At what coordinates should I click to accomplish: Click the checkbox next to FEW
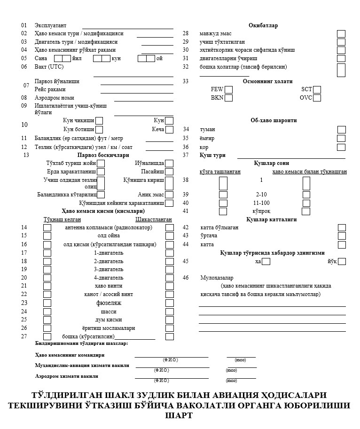(228, 89)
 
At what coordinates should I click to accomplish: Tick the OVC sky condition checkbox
(317, 98)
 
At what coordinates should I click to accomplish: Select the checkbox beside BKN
(228, 98)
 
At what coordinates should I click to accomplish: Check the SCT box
(317, 89)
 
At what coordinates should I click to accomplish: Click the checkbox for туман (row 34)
(342, 130)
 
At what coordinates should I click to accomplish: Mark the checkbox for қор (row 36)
(342, 147)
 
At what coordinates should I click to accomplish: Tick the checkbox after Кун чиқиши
(99, 121)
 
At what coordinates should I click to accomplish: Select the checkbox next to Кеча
(169, 129)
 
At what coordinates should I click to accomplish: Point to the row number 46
(186, 278)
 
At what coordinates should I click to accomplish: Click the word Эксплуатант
(51, 25)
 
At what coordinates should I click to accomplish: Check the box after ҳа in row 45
(266, 261)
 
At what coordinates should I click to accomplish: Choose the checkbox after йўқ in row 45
(342, 261)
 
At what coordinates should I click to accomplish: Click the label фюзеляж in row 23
(109, 303)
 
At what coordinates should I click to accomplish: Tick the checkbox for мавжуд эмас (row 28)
(341, 34)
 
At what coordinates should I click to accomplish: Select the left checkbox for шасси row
(47, 312)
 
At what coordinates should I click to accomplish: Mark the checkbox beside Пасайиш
(169, 172)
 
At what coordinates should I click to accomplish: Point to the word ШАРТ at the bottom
(179, 415)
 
